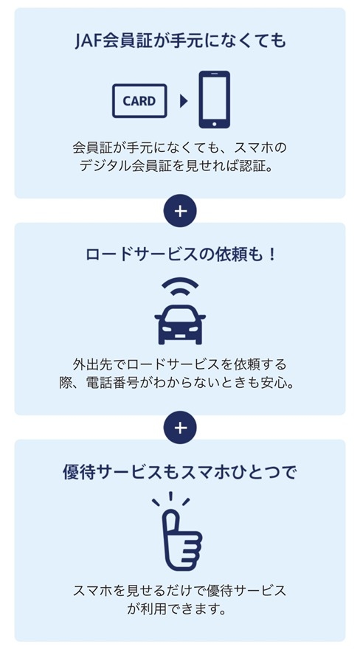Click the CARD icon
[x=139, y=100]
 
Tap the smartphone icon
[x=214, y=100]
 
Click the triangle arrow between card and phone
[x=184, y=100]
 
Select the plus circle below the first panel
[x=180, y=211]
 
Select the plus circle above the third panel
[x=180, y=428]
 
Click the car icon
[x=180, y=325]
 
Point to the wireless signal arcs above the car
[x=180, y=288]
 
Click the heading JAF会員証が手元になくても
[x=181, y=41]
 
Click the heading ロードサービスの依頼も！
[x=181, y=254]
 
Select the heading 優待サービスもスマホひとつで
[x=180, y=472]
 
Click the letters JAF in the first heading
[x=88, y=41]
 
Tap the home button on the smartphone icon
[x=214, y=123]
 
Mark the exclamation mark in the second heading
[x=272, y=254]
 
